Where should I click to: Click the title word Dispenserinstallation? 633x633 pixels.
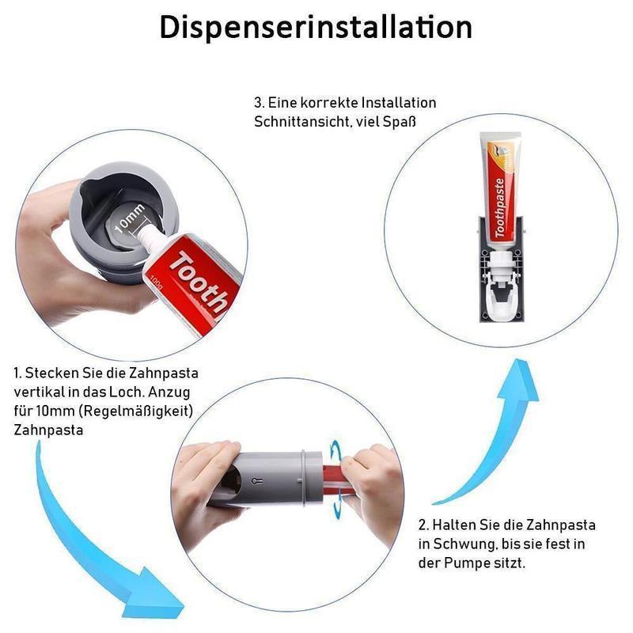(316, 26)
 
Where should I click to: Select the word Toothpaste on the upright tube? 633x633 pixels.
(499, 208)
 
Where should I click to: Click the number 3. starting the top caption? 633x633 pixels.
(259, 103)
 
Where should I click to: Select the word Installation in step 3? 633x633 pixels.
(399, 103)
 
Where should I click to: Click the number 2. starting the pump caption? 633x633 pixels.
(423, 525)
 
